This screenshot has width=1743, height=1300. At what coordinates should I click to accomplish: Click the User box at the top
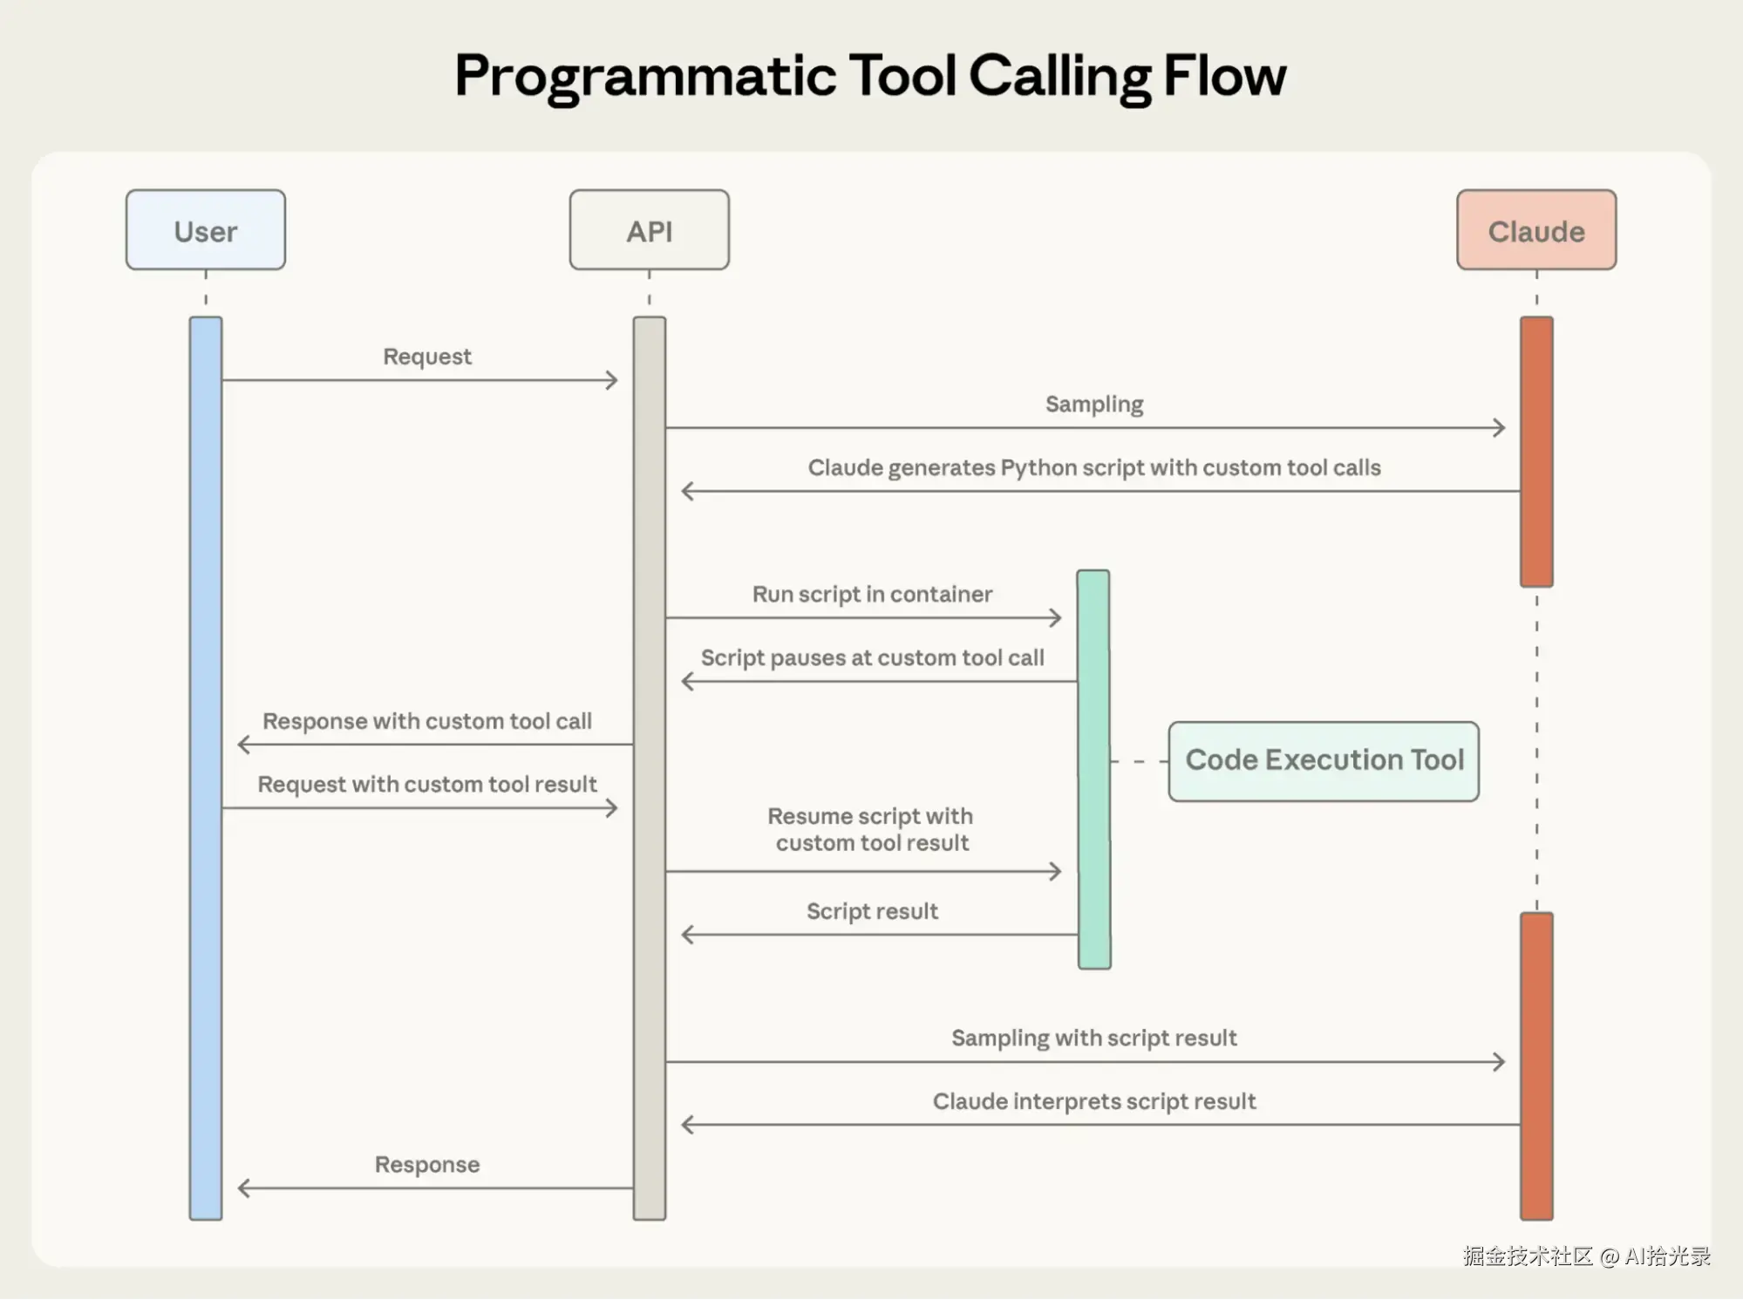205,230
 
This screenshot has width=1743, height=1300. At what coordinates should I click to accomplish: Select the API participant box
649,230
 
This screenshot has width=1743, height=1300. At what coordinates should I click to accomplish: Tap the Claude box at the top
1535,230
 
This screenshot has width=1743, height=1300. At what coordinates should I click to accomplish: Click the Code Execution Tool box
1323,760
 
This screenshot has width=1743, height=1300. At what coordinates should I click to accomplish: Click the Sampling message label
1093,405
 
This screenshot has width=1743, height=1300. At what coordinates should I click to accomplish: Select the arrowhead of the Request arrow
612,380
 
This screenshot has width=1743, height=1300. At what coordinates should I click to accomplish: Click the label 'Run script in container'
872,595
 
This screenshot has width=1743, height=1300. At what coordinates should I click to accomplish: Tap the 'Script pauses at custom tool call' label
872,658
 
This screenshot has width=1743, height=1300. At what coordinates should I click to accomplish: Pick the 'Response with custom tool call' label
426,722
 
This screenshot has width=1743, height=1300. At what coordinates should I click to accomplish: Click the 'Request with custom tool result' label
426,785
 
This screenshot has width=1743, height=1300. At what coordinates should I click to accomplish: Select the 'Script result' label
872,912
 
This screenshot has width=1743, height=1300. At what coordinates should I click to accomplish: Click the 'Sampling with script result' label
1093,1038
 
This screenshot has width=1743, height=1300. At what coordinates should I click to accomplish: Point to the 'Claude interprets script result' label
1093,1102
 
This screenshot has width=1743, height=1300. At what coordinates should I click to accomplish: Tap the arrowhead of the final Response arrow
244,1188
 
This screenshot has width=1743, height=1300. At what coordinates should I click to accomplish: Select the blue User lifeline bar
206,767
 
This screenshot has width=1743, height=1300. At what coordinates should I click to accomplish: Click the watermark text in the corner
1586,1256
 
